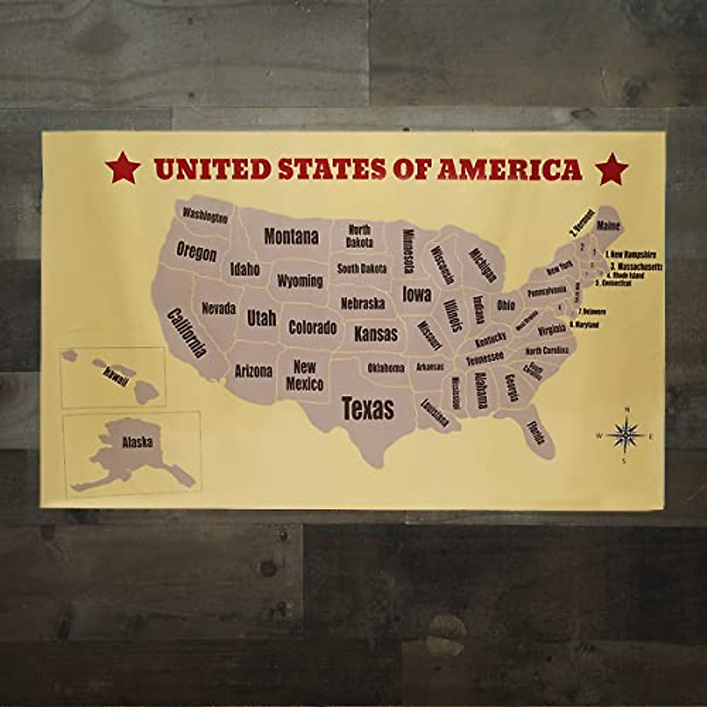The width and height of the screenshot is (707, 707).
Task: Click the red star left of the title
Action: tap(123, 168)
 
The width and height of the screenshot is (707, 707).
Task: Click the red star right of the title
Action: tap(612, 169)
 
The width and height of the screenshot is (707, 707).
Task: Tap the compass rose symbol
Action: tap(625, 435)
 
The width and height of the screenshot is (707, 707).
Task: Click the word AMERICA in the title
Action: tap(510, 169)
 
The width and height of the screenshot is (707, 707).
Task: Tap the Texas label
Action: tap(368, 408)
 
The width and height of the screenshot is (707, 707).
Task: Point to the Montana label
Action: tap(291, 237)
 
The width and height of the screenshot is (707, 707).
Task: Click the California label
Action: tap(187, 333)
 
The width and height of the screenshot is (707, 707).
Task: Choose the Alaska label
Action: tap(137, 442)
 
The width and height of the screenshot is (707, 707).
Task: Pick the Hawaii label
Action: tap(115, 376)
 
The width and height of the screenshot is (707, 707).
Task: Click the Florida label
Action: tap(536, 432)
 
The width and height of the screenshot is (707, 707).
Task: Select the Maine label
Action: tap(608, 226)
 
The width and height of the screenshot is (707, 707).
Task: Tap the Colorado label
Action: tap(312, 328)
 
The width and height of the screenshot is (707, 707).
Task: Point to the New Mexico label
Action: tap(305, 376)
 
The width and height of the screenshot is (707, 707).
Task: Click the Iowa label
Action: tap(417, 294)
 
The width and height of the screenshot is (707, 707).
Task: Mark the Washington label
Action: tap(204, 216)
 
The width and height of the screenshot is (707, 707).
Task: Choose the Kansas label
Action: tap(376, 334)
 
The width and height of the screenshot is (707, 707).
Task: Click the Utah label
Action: tap(262, 318)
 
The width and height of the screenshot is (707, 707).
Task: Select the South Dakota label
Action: tap(362, 269)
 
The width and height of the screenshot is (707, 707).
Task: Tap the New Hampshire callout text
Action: tap(632, 255)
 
